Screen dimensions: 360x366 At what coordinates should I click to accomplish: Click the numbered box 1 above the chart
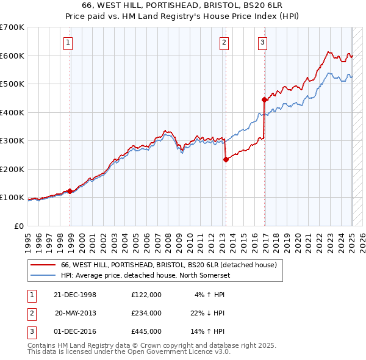67,43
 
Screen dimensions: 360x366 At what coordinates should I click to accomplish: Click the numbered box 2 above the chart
224,43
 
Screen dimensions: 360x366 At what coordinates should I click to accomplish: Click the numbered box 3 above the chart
262,43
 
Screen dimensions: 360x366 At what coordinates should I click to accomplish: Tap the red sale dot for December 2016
264,99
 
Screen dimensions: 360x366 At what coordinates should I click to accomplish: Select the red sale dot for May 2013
226,159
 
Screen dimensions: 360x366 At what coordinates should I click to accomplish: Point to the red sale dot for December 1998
70,191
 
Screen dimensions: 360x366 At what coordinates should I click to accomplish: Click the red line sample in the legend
43,265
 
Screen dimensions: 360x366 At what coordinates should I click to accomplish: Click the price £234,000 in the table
146,313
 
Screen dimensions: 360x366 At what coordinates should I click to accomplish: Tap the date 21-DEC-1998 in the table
75,295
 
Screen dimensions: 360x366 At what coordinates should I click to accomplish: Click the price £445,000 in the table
146,331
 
